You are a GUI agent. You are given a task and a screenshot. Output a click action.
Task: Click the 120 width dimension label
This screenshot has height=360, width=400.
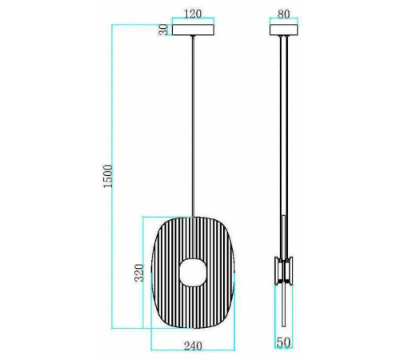point(193,14)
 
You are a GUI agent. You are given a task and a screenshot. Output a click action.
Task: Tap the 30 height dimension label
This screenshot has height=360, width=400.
point(163,30)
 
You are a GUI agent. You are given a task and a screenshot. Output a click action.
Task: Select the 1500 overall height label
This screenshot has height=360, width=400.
point(108,176)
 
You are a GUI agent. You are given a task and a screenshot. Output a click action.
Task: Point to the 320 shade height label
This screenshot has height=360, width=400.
point(139,273)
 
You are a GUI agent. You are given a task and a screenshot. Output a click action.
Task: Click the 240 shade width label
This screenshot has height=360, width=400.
point(193,346)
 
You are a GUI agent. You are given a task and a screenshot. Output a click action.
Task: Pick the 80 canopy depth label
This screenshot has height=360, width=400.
point(283,14)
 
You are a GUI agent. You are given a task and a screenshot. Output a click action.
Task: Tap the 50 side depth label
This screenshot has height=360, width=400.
point(283,342)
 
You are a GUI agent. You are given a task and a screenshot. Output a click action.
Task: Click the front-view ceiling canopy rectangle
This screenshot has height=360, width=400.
point(193,30)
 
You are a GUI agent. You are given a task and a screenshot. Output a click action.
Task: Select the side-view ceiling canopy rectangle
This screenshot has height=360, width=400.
point(283,30)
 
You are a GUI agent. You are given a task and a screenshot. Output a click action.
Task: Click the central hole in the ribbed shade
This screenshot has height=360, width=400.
point(193,272)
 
